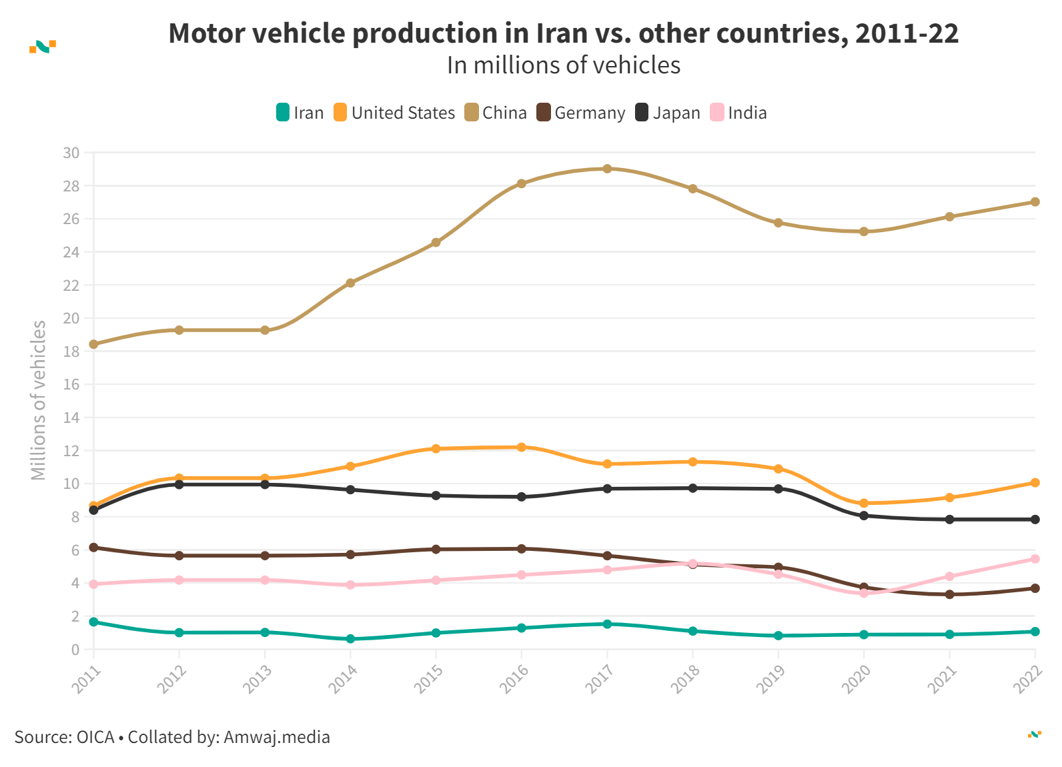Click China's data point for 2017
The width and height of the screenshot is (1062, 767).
click(607, 169)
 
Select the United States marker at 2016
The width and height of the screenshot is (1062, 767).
click(522, 447)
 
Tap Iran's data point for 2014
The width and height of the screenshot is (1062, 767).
click(350, 639)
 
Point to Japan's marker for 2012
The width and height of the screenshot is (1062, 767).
click(179, 484)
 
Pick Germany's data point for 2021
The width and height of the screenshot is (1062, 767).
click(949, 594)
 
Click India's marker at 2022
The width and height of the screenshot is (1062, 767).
click(1035, 559)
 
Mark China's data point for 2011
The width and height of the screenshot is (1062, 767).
click(93, 344)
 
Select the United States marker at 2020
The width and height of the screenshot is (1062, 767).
click(864, 503)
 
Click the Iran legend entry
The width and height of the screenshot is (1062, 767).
click(300, 113)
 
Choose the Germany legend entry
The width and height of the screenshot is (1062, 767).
click(581, 113)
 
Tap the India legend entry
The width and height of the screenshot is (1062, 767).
click(738, 113)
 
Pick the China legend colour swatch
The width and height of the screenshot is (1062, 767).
click(472, 113)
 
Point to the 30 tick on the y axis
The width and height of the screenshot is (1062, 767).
click(71, 153)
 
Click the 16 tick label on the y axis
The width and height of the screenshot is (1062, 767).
click(71, 384)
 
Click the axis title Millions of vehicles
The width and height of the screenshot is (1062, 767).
click(39, 400)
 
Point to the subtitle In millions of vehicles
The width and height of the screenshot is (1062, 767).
click(564, 65)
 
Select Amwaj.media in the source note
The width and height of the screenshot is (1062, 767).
click(276, 737)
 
